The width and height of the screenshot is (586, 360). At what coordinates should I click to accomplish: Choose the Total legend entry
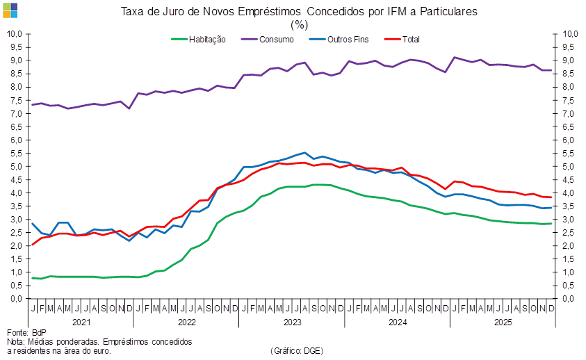[413, 40]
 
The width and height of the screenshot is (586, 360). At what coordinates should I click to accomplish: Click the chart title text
[299, 12]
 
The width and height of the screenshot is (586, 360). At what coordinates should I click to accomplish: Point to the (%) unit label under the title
[299, 24]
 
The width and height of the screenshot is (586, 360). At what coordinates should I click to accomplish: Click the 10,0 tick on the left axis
[15, 34]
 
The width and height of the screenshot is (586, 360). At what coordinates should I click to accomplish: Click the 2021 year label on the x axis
[81, 322]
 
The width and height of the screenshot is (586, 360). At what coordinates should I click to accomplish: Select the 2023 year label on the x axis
[292, 322]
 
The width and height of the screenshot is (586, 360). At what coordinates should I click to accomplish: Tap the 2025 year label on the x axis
[503, 322]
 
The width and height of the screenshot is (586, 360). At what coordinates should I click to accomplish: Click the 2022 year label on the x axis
[186, 322]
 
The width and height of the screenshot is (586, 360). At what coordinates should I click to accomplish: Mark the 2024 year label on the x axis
[397, 322]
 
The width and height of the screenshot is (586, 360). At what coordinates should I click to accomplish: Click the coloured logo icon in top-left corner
[10, 10]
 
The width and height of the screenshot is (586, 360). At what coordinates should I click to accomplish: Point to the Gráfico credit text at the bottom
[296, 351]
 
